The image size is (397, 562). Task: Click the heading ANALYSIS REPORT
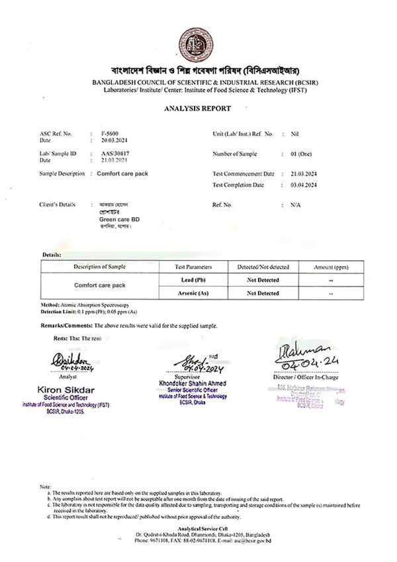(198, 108)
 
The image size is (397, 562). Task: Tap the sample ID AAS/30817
(110, 154)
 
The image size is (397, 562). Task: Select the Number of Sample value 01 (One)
(303, 154)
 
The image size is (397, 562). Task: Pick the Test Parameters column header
(193, 267)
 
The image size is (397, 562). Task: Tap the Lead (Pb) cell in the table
(193, 279)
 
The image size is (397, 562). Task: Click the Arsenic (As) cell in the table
(193, 293)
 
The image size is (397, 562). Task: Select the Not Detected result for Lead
(263, 280)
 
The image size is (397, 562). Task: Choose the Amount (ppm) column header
(331, 267)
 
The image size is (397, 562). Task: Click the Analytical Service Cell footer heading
(198, 528)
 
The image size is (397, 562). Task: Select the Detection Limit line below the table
(89, 311)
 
